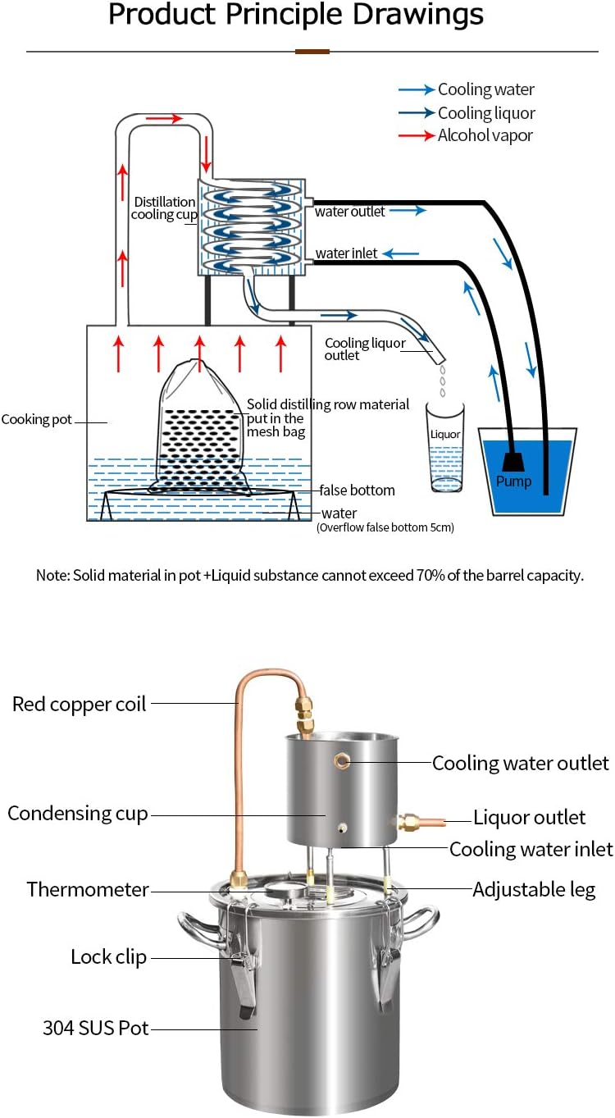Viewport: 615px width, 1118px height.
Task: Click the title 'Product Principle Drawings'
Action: click(x=296, y=14)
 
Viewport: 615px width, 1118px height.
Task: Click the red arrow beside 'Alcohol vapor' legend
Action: click(x=417, y=135)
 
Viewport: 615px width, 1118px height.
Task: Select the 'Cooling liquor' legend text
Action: click(x=486, y=113)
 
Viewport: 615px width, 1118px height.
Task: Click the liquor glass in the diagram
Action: click(x=445, y=448)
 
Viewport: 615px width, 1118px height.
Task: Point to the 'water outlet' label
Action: click(x=350, y=212)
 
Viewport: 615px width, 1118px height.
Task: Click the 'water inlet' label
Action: click(x=347, y=253)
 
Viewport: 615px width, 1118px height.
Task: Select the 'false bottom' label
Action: click(x=357, y=491)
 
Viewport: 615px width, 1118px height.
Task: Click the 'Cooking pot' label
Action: click(x=37, y=419)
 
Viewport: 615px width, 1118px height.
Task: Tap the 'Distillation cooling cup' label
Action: click(x=165, y=208)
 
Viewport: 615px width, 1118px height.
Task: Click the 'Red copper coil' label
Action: click(x=79, y=704)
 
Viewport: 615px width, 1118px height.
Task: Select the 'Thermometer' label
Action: click(x=88, y=889)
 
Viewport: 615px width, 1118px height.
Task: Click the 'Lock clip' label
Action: click(x=108, y=956)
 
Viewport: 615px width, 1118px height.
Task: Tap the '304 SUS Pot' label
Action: click(x=96, y=1028)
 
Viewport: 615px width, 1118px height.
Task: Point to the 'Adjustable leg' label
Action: click(x=534, y=889)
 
